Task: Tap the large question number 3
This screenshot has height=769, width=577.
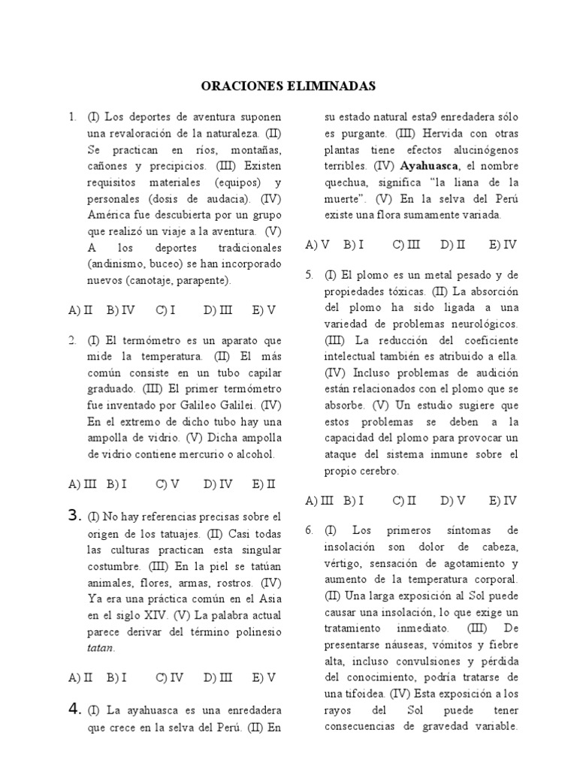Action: [x=74, y=515]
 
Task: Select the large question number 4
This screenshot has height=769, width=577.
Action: [x=74, y=708]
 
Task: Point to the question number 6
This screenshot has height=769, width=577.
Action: [x=309, y=530]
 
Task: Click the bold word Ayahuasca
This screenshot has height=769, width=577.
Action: [x=430, y=166]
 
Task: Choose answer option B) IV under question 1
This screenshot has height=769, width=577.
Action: [x=120, y=309]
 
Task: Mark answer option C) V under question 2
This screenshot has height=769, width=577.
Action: [x=167, y=484]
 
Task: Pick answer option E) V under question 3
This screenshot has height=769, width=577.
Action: [x=264, y=677]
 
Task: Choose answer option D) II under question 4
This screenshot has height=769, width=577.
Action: [x=453, y=244]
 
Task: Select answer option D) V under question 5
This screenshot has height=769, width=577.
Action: [x=453, y=500]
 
